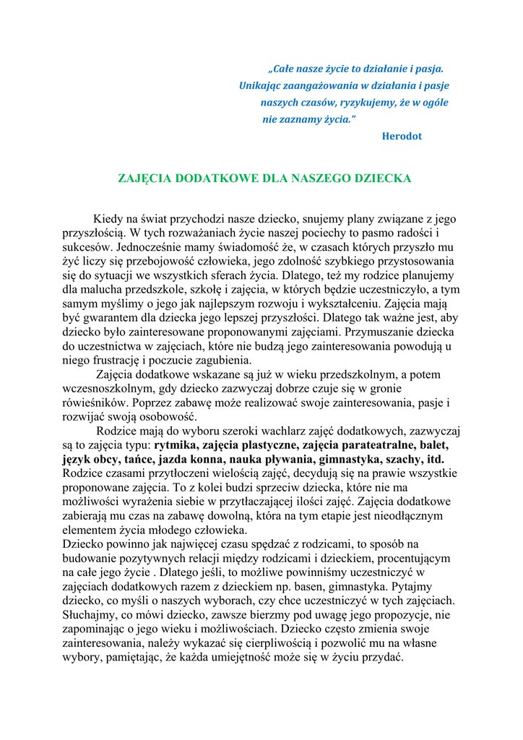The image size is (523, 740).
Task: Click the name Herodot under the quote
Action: point(402,136)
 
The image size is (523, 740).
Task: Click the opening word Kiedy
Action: point(108,219)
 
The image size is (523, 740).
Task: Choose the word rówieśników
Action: point(94,403)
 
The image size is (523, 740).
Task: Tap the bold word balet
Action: point(433,445)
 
